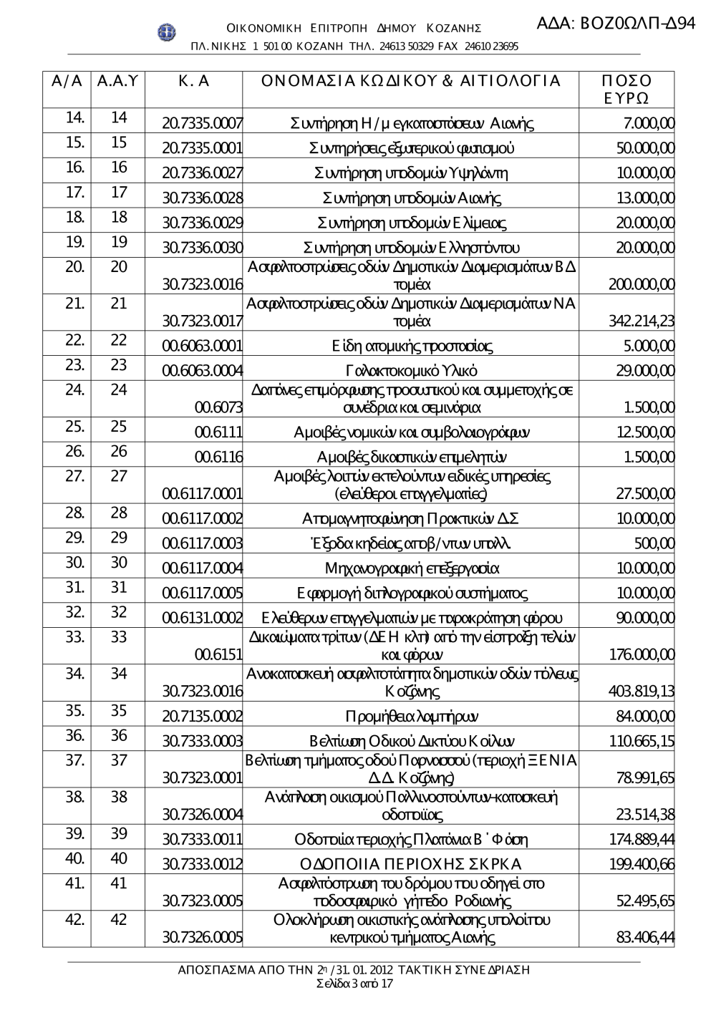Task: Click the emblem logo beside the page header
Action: click(167, 32)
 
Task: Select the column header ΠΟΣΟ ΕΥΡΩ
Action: click(626, 89)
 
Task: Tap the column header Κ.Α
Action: click(193, 81)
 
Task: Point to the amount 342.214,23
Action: click(641, 321)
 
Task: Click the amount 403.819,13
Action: click(641, 691)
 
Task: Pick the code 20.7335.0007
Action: click(202, 123)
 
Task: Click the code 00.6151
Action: click(218, 654)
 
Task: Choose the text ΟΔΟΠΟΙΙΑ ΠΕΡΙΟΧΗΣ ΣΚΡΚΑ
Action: click(410, 864)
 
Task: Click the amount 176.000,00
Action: click(641, 654)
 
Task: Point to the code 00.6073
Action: click(218, 407)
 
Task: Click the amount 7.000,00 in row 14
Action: click(649, 123)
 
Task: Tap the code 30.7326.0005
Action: click(202, 937)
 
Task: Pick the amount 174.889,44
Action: click(641, 839)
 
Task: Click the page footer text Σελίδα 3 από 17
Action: click(354, 984)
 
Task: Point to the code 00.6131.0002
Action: click(202, 618)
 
